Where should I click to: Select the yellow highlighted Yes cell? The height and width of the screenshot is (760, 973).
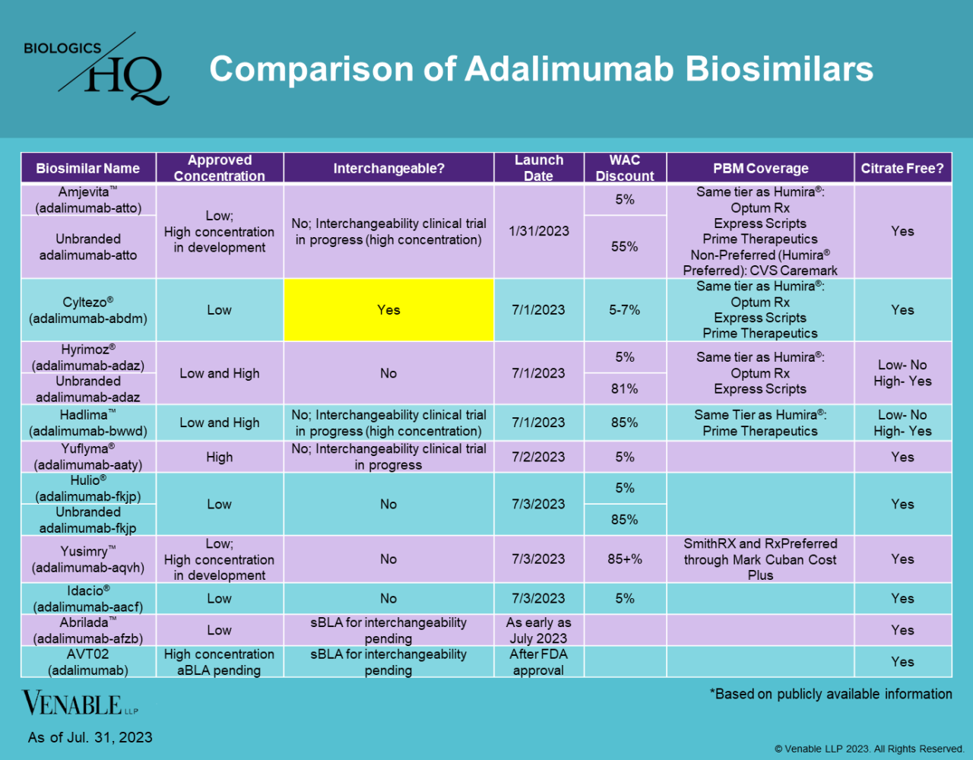[388, 310]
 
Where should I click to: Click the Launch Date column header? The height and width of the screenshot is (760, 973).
[538, 168]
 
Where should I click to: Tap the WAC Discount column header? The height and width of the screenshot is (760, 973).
[625, 168]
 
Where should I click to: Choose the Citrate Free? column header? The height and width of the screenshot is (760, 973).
[902, 168]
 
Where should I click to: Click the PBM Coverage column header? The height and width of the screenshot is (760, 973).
[760, 168]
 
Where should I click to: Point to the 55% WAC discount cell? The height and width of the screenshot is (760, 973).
[625, 246]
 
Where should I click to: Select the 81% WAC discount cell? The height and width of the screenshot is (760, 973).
[625, 388]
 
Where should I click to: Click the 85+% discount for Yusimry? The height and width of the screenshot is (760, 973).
[625, 559]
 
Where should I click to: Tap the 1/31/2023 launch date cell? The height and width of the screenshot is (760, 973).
[538, 231]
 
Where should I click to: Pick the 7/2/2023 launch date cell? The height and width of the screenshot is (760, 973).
[538, 457]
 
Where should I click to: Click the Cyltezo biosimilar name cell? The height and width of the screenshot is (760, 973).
[88, 310]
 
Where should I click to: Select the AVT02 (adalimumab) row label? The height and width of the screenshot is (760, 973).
[88, 662]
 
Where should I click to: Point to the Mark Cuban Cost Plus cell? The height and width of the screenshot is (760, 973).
[760, 559]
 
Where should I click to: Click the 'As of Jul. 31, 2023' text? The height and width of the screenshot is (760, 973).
[90, 737]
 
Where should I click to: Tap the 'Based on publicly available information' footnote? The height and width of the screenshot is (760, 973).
[831, 694]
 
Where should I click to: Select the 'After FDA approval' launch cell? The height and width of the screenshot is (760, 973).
[538, 662]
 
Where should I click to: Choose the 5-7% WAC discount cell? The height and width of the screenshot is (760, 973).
[625, 310]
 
